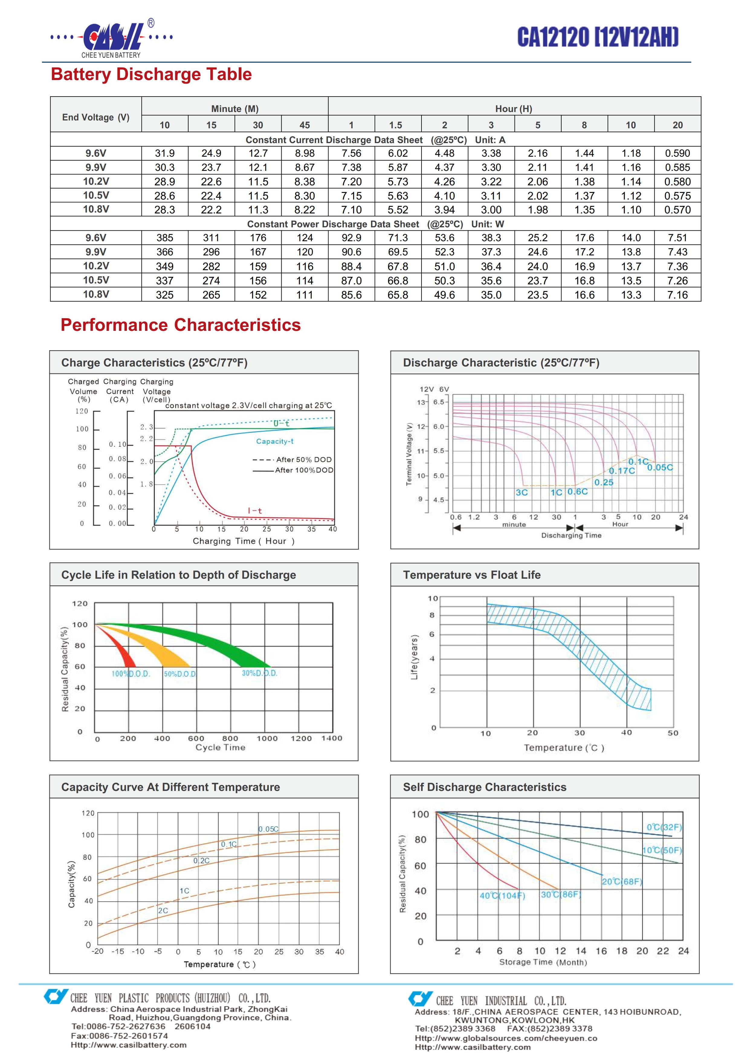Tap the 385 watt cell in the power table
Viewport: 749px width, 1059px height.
165,238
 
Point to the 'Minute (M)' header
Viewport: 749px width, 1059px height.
235,109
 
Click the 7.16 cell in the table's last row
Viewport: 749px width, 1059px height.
677,295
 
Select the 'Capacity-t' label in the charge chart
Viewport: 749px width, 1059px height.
275,441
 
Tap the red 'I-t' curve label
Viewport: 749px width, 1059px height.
255,510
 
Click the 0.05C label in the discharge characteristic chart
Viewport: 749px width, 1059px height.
660,467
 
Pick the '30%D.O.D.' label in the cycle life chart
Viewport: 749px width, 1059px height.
259,673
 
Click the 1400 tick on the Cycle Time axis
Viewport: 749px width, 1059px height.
331,738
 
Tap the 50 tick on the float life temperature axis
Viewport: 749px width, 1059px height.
673,733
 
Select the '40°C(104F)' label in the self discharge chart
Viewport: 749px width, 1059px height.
502,896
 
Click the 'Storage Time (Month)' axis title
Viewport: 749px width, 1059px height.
543,962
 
